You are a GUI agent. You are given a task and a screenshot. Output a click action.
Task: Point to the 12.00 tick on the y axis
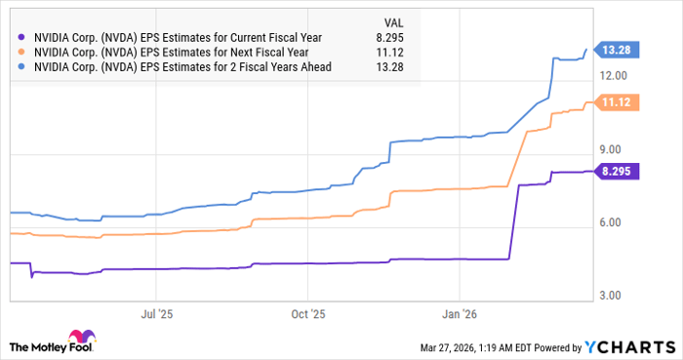pyautogui.click(x=617, y=75)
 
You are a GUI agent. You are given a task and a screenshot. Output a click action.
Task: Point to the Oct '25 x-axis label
pyautogui.click(x=307, y=314)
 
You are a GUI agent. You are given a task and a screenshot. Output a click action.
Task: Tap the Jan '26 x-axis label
pyautogui.click(x=460, y=314)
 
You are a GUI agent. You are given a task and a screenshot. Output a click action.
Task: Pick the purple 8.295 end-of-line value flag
pyautogui.click(x=621, y=171)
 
